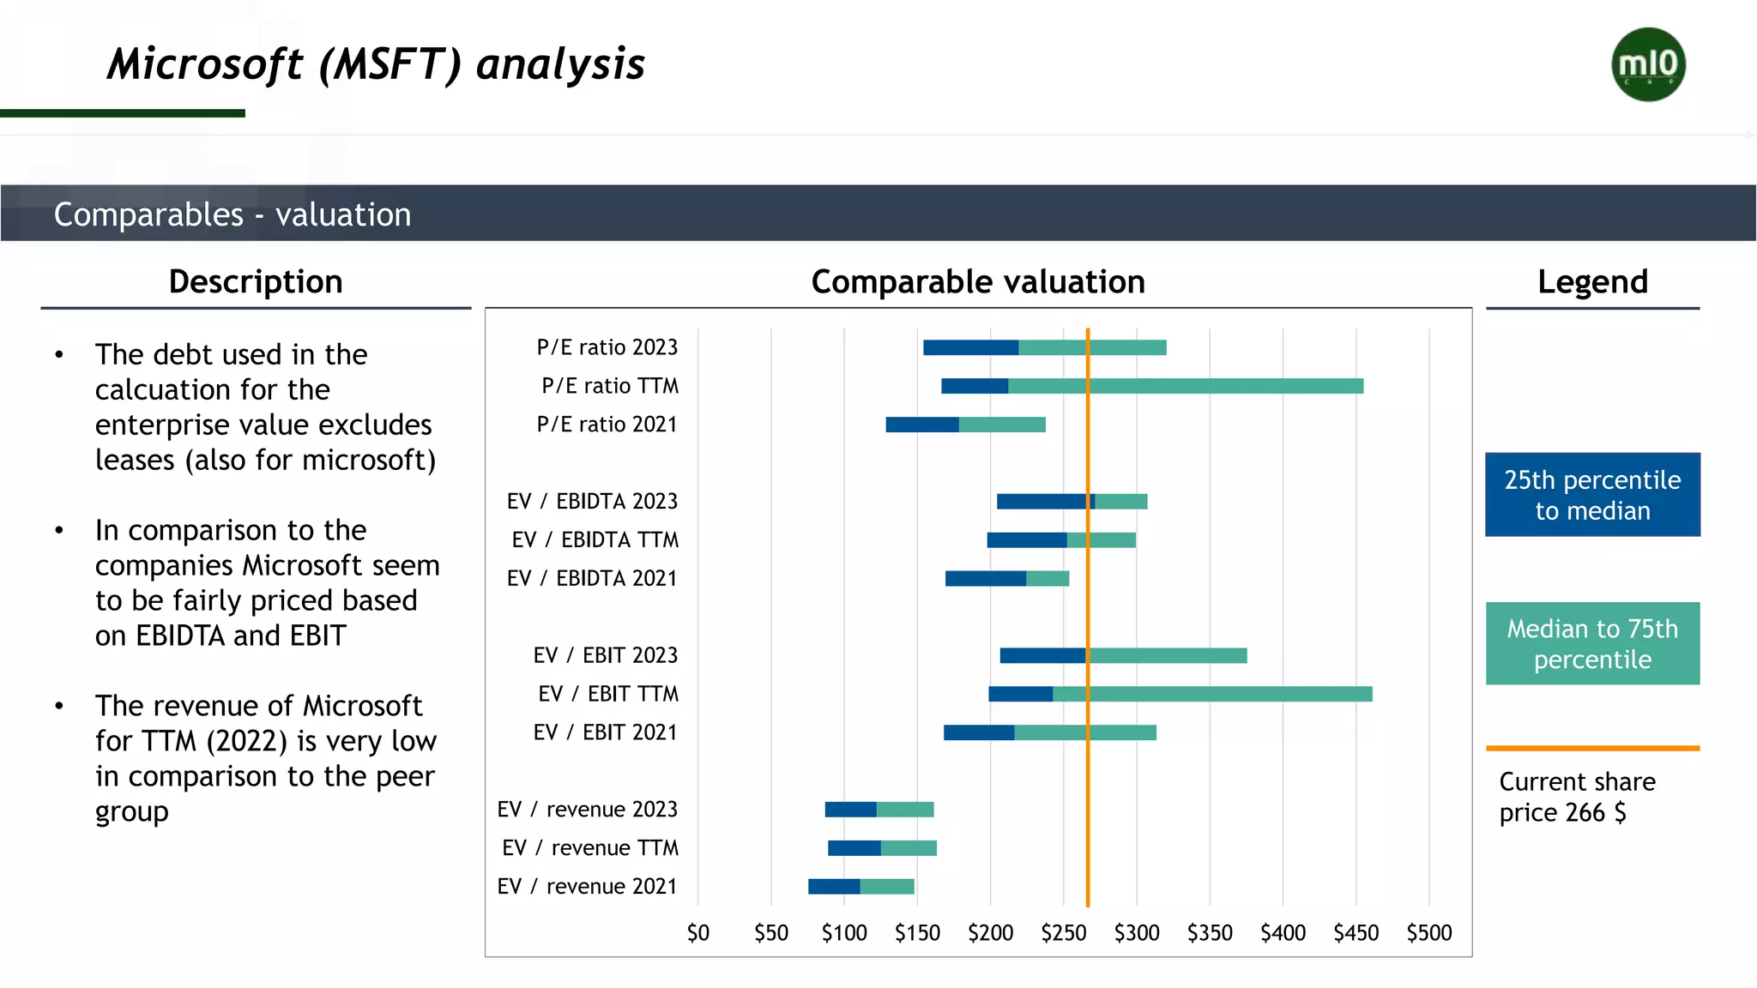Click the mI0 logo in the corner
tap(1648, 64)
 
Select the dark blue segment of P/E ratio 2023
tap(970, 347)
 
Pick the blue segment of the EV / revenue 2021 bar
tap(834, 887)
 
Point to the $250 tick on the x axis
tap(1064, 933)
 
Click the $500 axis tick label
tap(1428, 933)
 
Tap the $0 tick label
tap(698, 933)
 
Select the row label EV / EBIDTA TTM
tap(595, 539)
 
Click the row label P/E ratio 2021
tap(607, 425)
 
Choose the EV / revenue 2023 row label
tap(588, 810)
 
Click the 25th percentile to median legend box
tap(1592, 495)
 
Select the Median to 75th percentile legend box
tap(1592, 644)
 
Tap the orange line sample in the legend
tap(1592, 749)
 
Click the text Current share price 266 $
tap(1576, 797)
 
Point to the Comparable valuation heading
tap(978, 282)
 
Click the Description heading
tap(256, 282)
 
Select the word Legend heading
tap(1592, 282)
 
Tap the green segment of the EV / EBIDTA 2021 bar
tap(1048, 579)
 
